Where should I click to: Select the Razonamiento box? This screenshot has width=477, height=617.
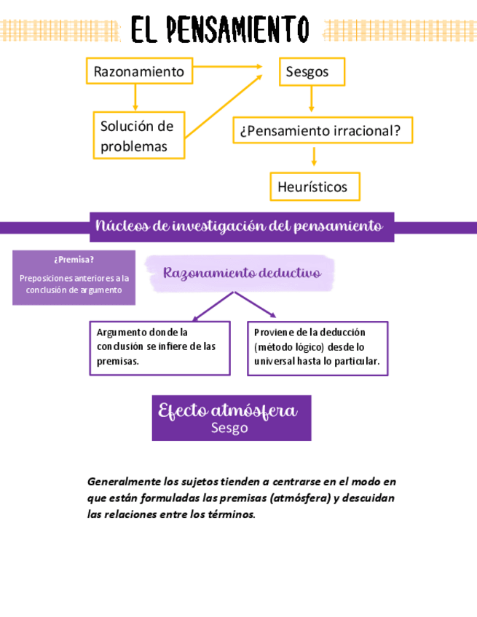[139, 72]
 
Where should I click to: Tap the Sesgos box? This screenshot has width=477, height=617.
[312, 72]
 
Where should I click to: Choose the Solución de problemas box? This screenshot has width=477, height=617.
[138, 135]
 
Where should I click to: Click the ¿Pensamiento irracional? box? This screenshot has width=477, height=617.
[322, 131]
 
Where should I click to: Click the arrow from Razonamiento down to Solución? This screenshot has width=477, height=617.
[135, 97]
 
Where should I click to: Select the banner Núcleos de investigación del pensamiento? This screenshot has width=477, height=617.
[239, 226]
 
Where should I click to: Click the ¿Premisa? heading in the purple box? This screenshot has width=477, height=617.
[74, 260]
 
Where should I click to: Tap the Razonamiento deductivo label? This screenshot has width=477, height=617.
[242, 273]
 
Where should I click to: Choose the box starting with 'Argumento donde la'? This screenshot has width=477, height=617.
[159, 347]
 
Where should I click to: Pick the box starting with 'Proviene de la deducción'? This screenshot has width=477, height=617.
[317, 347]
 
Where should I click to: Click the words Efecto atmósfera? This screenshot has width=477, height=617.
[228, 410]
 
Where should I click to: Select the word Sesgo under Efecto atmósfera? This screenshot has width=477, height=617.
[229, 428]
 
